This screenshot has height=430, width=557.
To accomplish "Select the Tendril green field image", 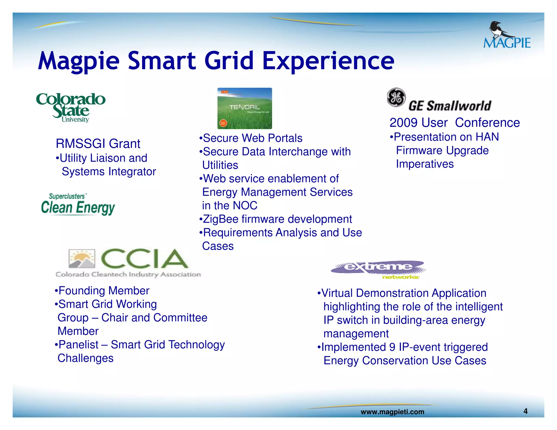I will [245, 108].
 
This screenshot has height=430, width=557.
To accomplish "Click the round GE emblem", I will [396, 97].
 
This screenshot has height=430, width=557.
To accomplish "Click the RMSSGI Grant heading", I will [98, 144].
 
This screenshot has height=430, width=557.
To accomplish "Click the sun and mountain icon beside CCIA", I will [82, 259].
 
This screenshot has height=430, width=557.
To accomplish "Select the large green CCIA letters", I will [144, 259].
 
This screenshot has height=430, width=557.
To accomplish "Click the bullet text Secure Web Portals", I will [252, 138].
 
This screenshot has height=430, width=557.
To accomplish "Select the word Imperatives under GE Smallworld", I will [425, 164].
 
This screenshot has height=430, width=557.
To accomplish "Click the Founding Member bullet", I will [104, 291].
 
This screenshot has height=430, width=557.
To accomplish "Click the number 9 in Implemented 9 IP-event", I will [392, 347].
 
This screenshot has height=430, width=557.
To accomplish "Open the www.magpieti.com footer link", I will [392, 412].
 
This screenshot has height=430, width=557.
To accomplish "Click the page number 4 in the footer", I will [525, 411].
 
